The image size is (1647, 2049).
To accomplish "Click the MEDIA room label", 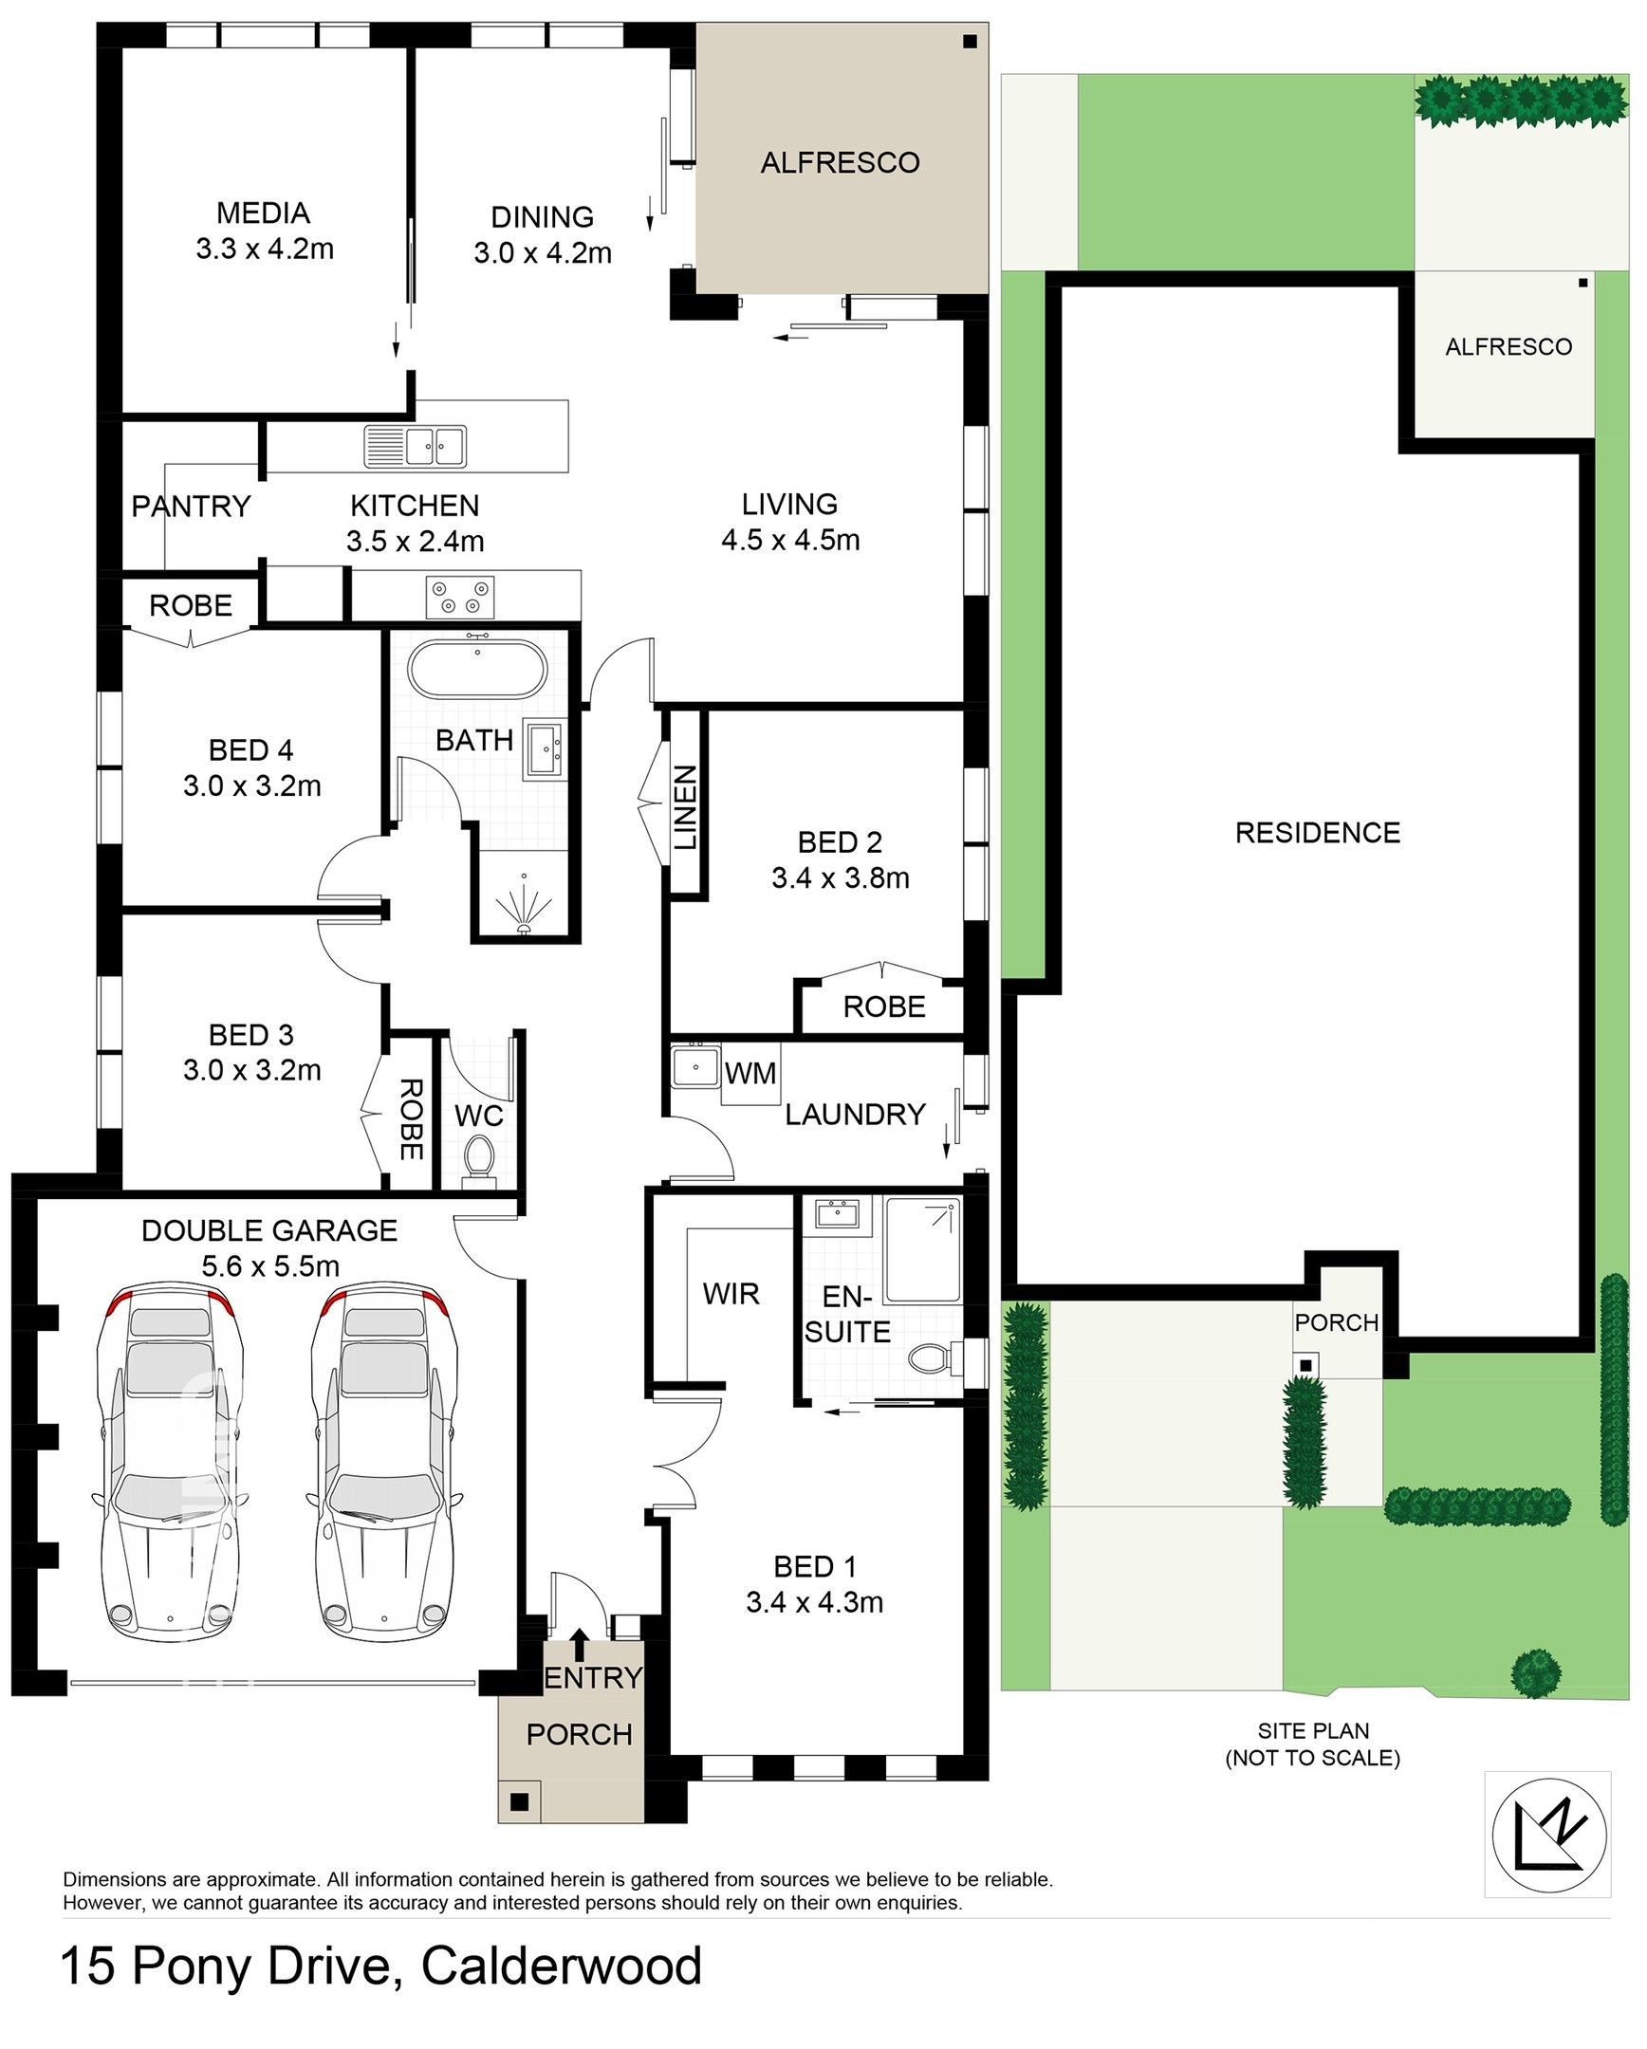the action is click(262, 212).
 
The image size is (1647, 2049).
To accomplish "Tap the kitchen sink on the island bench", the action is click(416, 447).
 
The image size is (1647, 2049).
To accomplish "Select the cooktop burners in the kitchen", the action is click(461, 596).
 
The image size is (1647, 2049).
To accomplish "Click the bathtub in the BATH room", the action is click(477, 670).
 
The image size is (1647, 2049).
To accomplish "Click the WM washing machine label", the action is click(750, 1074).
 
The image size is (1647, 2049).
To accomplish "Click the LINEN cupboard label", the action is click(686, 809).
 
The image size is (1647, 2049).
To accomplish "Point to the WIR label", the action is click(731, 1294).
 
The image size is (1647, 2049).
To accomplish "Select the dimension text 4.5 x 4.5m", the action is click(790, 540).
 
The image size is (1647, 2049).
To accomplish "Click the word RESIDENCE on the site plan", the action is click(1317, 833).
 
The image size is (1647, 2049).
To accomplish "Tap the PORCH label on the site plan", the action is click(1336, 1322).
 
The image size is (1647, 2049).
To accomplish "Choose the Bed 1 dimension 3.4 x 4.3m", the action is click(814, 1601).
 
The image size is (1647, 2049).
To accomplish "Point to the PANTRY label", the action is click(191, 507).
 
